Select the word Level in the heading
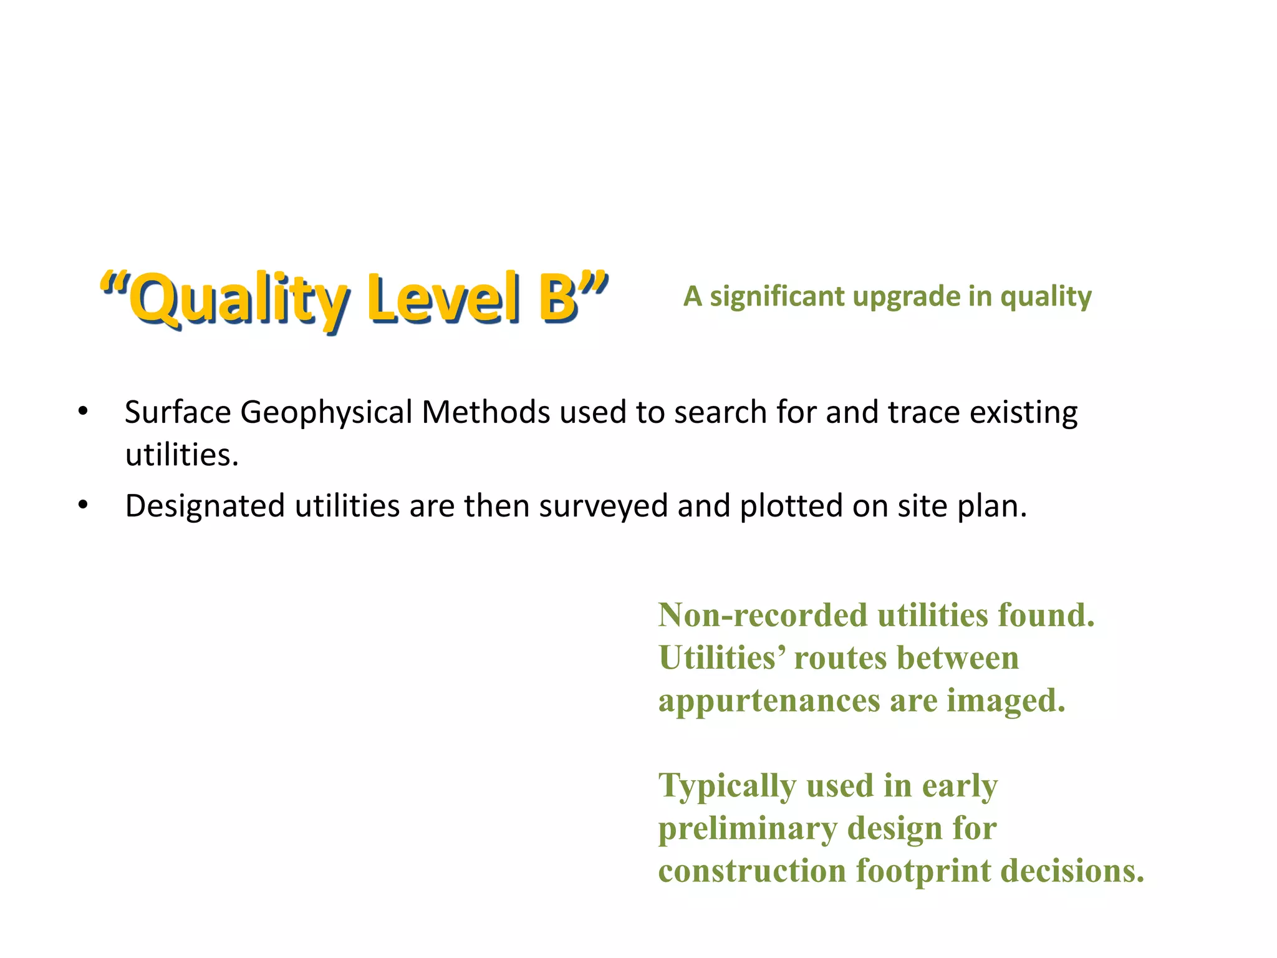point(443,298)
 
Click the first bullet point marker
point(83,412)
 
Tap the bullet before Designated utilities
point(83,505)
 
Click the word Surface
point(178,412)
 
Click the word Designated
point(205,506)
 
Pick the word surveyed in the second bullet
point(604,506)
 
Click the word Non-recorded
point(763,616)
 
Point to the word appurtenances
point(768,701)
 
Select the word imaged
point(1006,701)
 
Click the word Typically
point(727,786)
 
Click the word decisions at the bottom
point(1072,871)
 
